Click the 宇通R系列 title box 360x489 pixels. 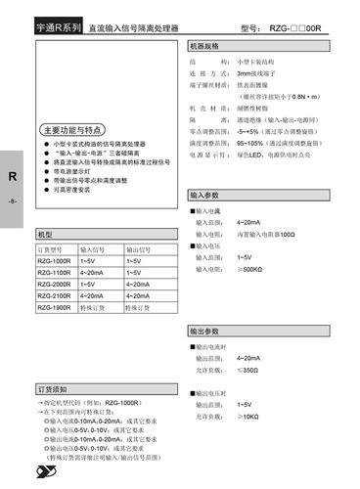[x=58, y=30]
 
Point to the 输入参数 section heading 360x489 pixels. [x=205, y=197]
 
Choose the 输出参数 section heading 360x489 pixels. [x=205, y=333]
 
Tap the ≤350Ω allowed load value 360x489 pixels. [x=248, y=371]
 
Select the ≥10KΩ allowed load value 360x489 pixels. [x=248, y=416]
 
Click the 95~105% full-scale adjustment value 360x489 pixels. [x=252, y=142]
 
